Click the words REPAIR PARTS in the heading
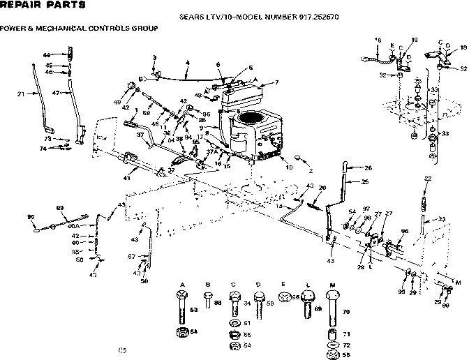point(43,6)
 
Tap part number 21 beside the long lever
point(20,93)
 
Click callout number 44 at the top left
point(47,54)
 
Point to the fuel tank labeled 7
point(248,91)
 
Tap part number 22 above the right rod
point(426,179)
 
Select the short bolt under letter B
point(208,301)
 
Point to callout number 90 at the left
point(31,217)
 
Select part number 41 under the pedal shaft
point(126,178)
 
